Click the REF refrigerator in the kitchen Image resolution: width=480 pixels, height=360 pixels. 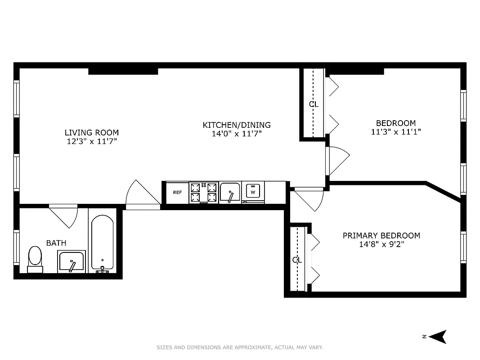[x=177, y=193]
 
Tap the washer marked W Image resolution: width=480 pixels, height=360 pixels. [x=253, y=192]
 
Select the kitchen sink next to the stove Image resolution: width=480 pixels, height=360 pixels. [x=230, y=193]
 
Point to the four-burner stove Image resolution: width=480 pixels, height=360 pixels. [x=204, y=193]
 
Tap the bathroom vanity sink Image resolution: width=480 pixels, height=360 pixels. [x=71, y=261]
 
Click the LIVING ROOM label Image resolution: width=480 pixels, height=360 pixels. [x=92, y=133]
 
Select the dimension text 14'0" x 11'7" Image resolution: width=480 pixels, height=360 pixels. [x=237, y=134]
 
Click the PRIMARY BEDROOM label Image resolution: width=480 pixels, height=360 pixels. [x=381, y=236]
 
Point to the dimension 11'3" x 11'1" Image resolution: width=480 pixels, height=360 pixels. [x=396, y=132]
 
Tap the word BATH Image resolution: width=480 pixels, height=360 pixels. [x=56, y=243]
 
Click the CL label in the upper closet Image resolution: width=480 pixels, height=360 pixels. [x=314, y=104]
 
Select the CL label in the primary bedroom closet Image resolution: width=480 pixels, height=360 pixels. [x=297, y=260]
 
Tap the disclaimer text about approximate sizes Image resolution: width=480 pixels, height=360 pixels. [x=240, y=347]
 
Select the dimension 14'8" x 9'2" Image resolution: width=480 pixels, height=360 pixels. [x=381, y=245]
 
